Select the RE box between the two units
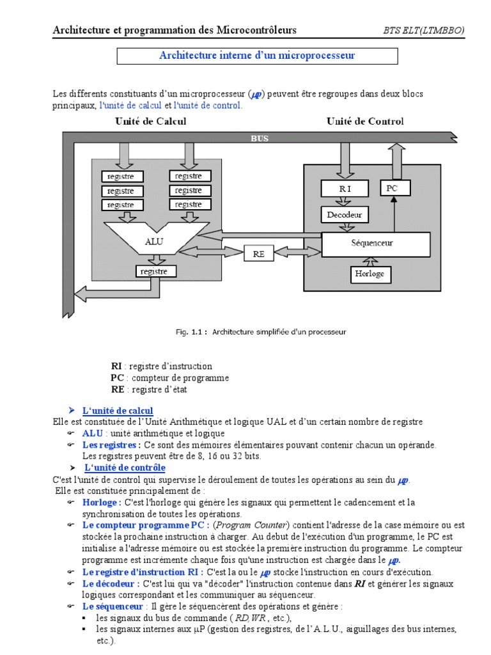click(259, 253)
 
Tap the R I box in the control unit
click(345, 189)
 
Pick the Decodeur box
click(345, 215)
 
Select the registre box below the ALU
click(153, 271)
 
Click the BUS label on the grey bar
click(259, 138)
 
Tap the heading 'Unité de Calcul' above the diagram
click(151, 121)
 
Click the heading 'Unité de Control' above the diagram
click(365, 121)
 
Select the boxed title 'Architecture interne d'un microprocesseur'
click(257, 56)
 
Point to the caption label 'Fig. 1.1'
click(191, 332)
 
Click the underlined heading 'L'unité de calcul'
click(118, 410)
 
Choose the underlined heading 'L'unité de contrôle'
click(125, 468)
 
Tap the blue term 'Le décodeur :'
click(111, 583)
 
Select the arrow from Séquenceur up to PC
click(394, 214)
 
